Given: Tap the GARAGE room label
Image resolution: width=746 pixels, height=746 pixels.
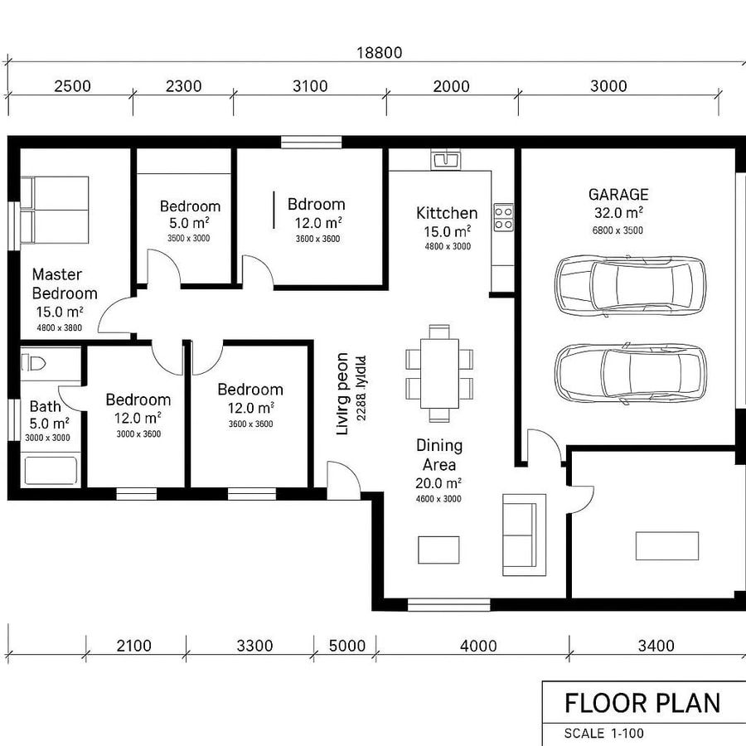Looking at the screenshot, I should pos(618,195).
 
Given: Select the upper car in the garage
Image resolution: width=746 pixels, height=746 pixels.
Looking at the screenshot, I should pos(630,284).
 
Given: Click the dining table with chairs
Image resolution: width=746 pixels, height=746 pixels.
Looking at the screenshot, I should pos(439,367).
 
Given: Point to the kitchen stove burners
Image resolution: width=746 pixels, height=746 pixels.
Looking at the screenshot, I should pos(503,217).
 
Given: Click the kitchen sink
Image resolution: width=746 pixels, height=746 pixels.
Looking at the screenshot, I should pos(445,159).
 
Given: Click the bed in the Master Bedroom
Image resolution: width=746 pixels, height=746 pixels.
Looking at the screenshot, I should pos(54,210).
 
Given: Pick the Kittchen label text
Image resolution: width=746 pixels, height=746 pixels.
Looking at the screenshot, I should pos(447,214).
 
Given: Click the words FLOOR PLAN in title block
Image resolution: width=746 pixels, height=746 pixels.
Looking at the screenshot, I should pos(642,703).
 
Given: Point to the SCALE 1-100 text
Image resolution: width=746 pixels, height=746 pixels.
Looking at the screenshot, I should pos(603,733).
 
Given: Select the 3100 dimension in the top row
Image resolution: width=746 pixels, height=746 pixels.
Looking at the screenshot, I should pos(310,86).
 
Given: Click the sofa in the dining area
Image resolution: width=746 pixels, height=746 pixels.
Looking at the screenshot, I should pos(524,535).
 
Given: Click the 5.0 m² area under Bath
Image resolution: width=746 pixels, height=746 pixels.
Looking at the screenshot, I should pos(47,424).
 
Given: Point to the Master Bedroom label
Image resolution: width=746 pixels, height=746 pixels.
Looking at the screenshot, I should pos(64,283).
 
